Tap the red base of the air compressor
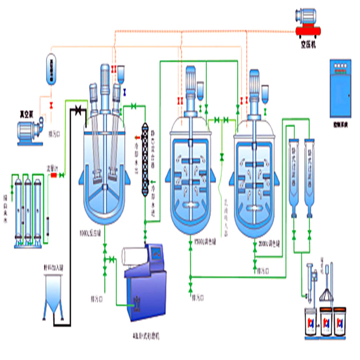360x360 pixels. click(x=311, y=32)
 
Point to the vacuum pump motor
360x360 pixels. click(x=30, y=132)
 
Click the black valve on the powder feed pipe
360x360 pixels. click(x=77, y=111)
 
